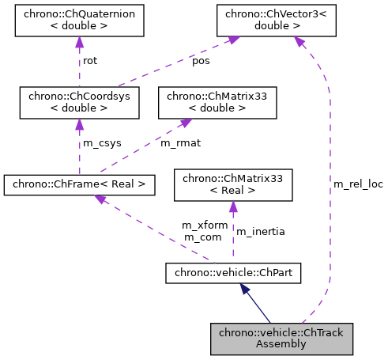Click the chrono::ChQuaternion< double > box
[x=79, y=21]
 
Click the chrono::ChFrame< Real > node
[x=78, y=185]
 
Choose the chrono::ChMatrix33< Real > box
[x=232, y=185]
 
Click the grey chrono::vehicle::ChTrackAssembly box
[x=281, y=338]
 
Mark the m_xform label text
[x=205, y=225]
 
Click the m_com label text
[x=201, y=237]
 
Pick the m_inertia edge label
[x=261, y=231]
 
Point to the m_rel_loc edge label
[x=358, y=184]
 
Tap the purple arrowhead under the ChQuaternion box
[x=79, y=43]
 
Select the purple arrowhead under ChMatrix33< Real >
[x=232, y=207]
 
